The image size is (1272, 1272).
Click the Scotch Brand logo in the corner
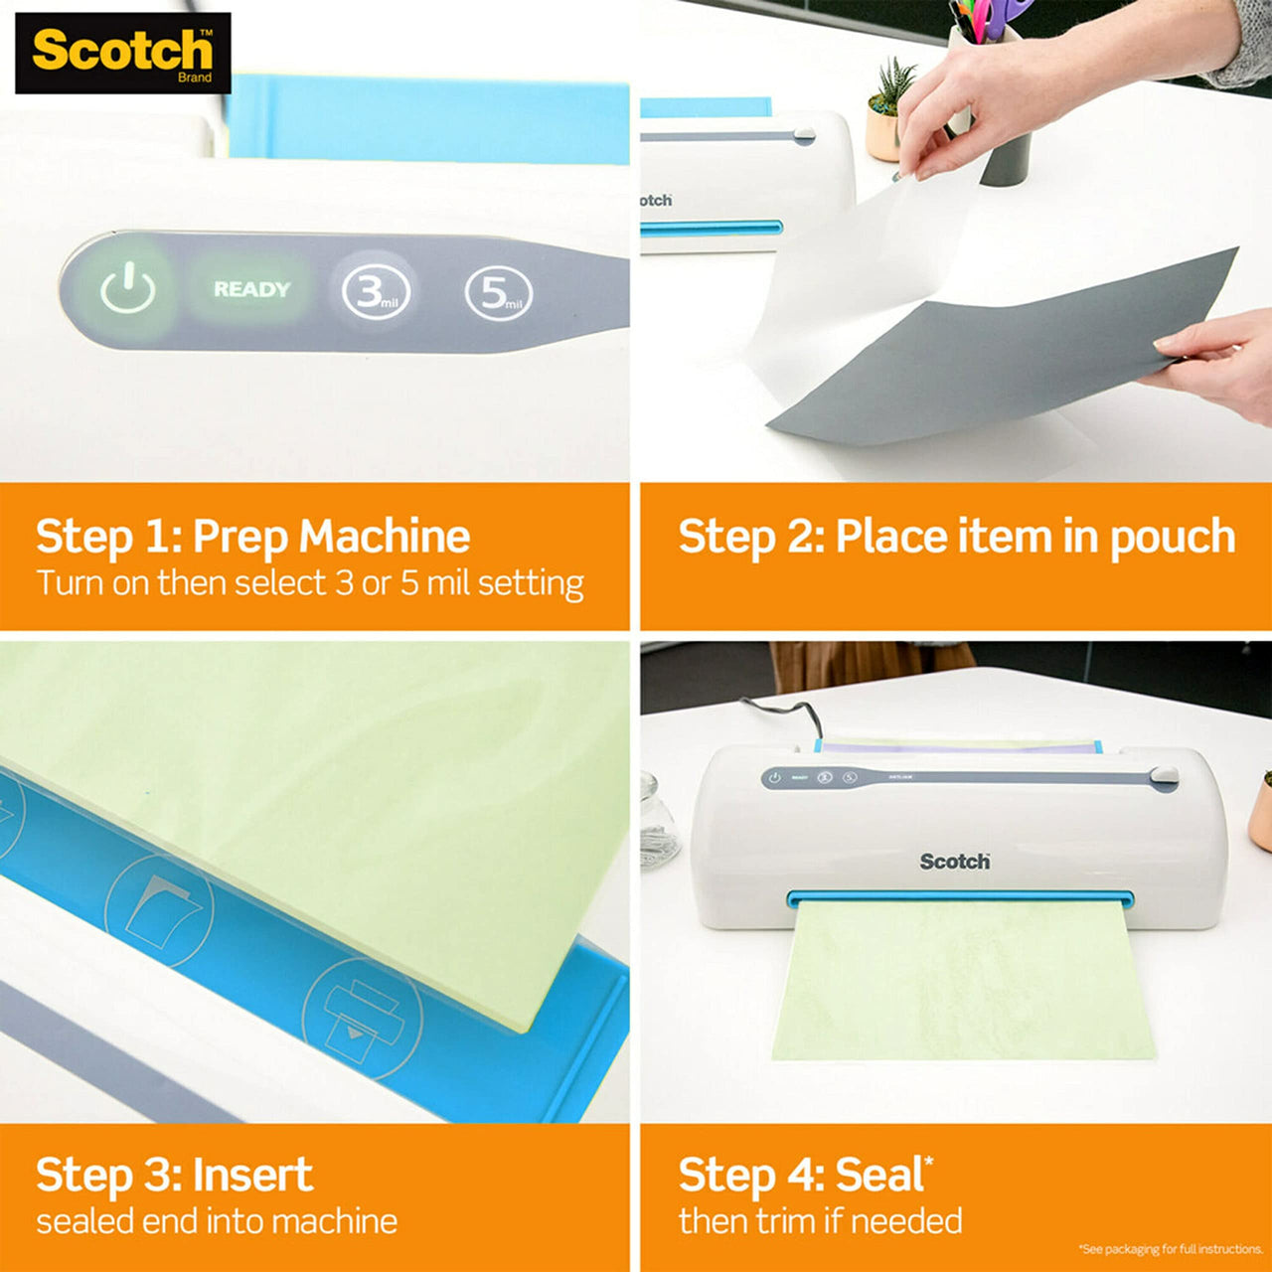pos(122,53)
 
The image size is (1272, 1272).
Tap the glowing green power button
pos(127,291)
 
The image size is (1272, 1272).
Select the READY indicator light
pos(251,289)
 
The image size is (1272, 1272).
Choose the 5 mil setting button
pos(498,293)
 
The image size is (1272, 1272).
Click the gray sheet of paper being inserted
pos(1004,358)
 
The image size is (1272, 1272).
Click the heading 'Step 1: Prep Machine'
pos(252,537)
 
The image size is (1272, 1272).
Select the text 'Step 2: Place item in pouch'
pos(956,537)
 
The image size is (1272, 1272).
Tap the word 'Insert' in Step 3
pos(252,1175)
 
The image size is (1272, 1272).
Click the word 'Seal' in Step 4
pos(879,1175)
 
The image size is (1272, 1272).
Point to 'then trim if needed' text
pos(820,1220)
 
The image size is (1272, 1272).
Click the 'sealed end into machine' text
pos(217,1220)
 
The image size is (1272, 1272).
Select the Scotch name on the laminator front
pos(954,861)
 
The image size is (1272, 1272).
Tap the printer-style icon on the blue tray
pos(362,1016)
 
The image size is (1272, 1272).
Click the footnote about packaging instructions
pos(1170,1249)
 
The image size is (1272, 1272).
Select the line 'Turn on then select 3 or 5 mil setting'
pos(310,583)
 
